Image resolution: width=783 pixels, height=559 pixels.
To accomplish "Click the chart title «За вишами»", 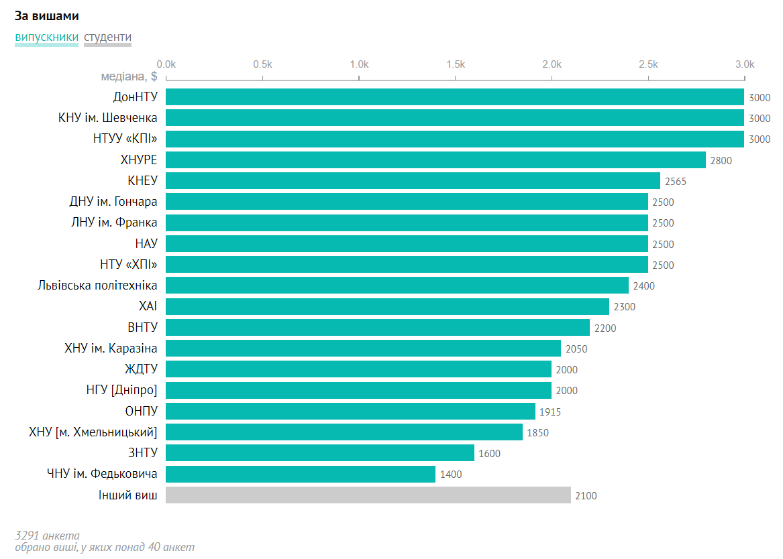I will coord(47,15).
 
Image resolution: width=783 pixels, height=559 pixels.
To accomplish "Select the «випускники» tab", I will coord(46,38).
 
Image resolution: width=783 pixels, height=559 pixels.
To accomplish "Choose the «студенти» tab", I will coord(107,38).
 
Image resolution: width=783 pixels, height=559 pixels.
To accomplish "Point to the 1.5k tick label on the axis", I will coord(456,64).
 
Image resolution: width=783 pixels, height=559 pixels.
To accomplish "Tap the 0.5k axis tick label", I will coord(262,64).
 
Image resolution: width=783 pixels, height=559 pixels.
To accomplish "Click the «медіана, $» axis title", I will coord(129,77).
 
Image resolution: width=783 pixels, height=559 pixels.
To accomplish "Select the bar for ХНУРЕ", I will coord(435,160).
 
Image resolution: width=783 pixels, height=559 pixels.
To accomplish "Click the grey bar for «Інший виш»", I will coord(368,495).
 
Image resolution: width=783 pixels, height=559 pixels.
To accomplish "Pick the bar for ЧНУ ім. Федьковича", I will coord(300,475).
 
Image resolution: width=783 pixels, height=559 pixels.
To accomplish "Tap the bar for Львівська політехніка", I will coord(397,286).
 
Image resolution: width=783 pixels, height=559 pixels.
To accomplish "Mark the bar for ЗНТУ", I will coord(319,453).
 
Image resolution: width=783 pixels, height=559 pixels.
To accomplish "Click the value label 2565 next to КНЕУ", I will coord(676,182).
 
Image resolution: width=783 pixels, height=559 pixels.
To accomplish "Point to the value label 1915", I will coord(550,412).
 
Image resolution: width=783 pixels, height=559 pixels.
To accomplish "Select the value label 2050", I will coord(576,349).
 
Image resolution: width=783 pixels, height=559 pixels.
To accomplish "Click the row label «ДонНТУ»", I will coord(136,97).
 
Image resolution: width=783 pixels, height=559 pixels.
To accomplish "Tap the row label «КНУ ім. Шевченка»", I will coord(108,118).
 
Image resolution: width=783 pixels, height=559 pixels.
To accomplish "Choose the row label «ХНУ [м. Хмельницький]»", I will coord(93,432).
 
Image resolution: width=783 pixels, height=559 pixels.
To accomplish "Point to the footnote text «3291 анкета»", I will coord(47,536).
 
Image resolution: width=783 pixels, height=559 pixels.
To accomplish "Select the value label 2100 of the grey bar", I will coord(586,496).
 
